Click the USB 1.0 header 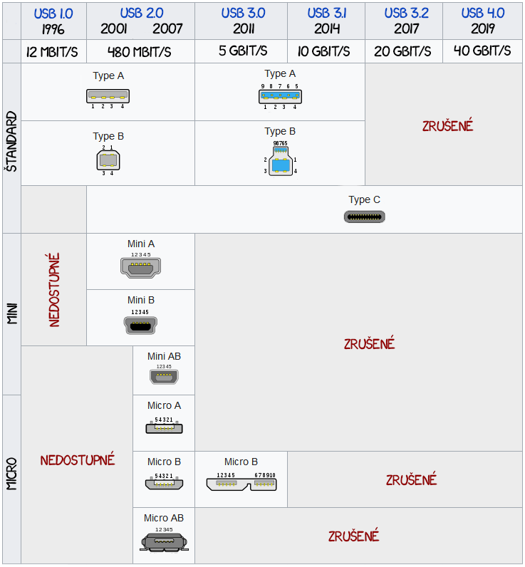[53, 14]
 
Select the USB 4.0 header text [482, 14]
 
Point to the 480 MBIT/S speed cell [140, 51]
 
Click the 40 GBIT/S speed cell [482, 51]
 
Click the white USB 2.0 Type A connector [108, 96]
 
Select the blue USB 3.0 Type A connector [280, 96]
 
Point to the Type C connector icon [365, 217]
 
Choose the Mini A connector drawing [141, 267]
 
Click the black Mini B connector [140, 325]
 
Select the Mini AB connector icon [164, 377]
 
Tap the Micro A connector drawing [164, 428]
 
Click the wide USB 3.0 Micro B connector [241, 484]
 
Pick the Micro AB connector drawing [164, 542]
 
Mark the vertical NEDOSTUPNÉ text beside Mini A [54, 289]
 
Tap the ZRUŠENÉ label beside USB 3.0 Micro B [411, 479]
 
